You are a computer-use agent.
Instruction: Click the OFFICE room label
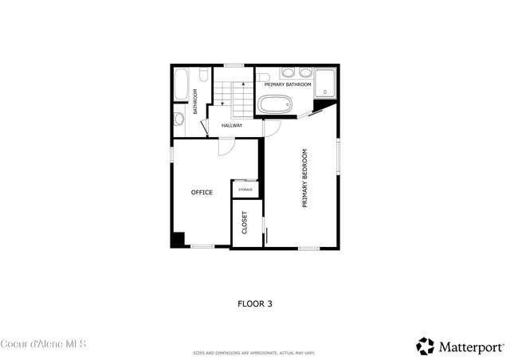pyautogui.click(x=202, y=192)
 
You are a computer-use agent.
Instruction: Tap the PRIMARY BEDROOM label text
pyautogui.click(x=304, y=178)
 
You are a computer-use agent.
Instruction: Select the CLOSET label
pyautogui.click(x=245, y=223)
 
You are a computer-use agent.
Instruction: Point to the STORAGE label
pyautogui.click(x=245, y=189)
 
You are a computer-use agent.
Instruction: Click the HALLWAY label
pyautogui.click(x=232, y=125)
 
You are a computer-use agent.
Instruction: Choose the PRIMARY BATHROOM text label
pyautogui.click(x=288, y=84)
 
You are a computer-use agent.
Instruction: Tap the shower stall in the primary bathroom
pyautogui.click(x=325, y=82)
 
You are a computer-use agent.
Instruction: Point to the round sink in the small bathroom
pyautogui.click(x=179, y=119)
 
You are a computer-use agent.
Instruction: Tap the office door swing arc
pyautogui.click(x=226, y=147)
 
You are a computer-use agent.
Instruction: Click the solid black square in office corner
pyautogui.click(x=179, y=239)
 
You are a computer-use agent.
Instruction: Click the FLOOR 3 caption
pyautogui.click(x=255, y=303)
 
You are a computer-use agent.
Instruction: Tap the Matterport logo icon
pyautogui.click(x=426, y=346)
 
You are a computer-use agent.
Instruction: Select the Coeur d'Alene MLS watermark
pyautogui.click(x=43, y=344)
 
